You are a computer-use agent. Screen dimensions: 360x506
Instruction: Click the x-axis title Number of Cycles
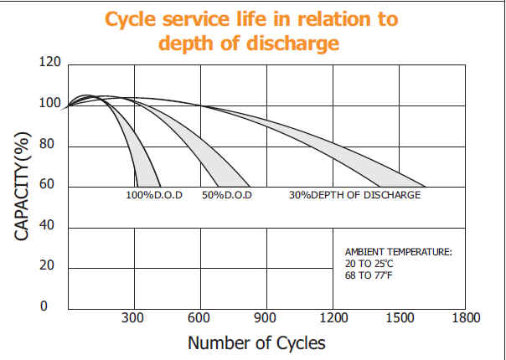[x=256, y=342]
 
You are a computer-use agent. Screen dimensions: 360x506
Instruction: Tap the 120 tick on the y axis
[x=50, y=62]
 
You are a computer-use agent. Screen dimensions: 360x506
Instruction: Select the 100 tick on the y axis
[x=50, y=104]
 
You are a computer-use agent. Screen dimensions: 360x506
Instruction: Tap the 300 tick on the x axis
[x=133, y=318]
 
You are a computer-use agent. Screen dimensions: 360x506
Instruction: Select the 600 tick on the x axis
[x=199, y=318]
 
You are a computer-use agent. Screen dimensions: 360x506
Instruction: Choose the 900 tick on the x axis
[x=266, y=318]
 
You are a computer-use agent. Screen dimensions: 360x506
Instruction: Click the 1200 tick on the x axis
[x=333, y=318]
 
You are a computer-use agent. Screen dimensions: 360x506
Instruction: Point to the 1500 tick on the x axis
[x=399, y=318]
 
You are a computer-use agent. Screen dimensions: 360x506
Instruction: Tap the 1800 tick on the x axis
[x=465, y=318]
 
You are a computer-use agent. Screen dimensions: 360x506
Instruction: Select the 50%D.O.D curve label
[x=227, y=195]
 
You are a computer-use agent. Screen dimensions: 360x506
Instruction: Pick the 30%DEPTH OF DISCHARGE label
[x=354, y=195]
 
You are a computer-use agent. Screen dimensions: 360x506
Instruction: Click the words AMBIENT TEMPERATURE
[x=398, y=251]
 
